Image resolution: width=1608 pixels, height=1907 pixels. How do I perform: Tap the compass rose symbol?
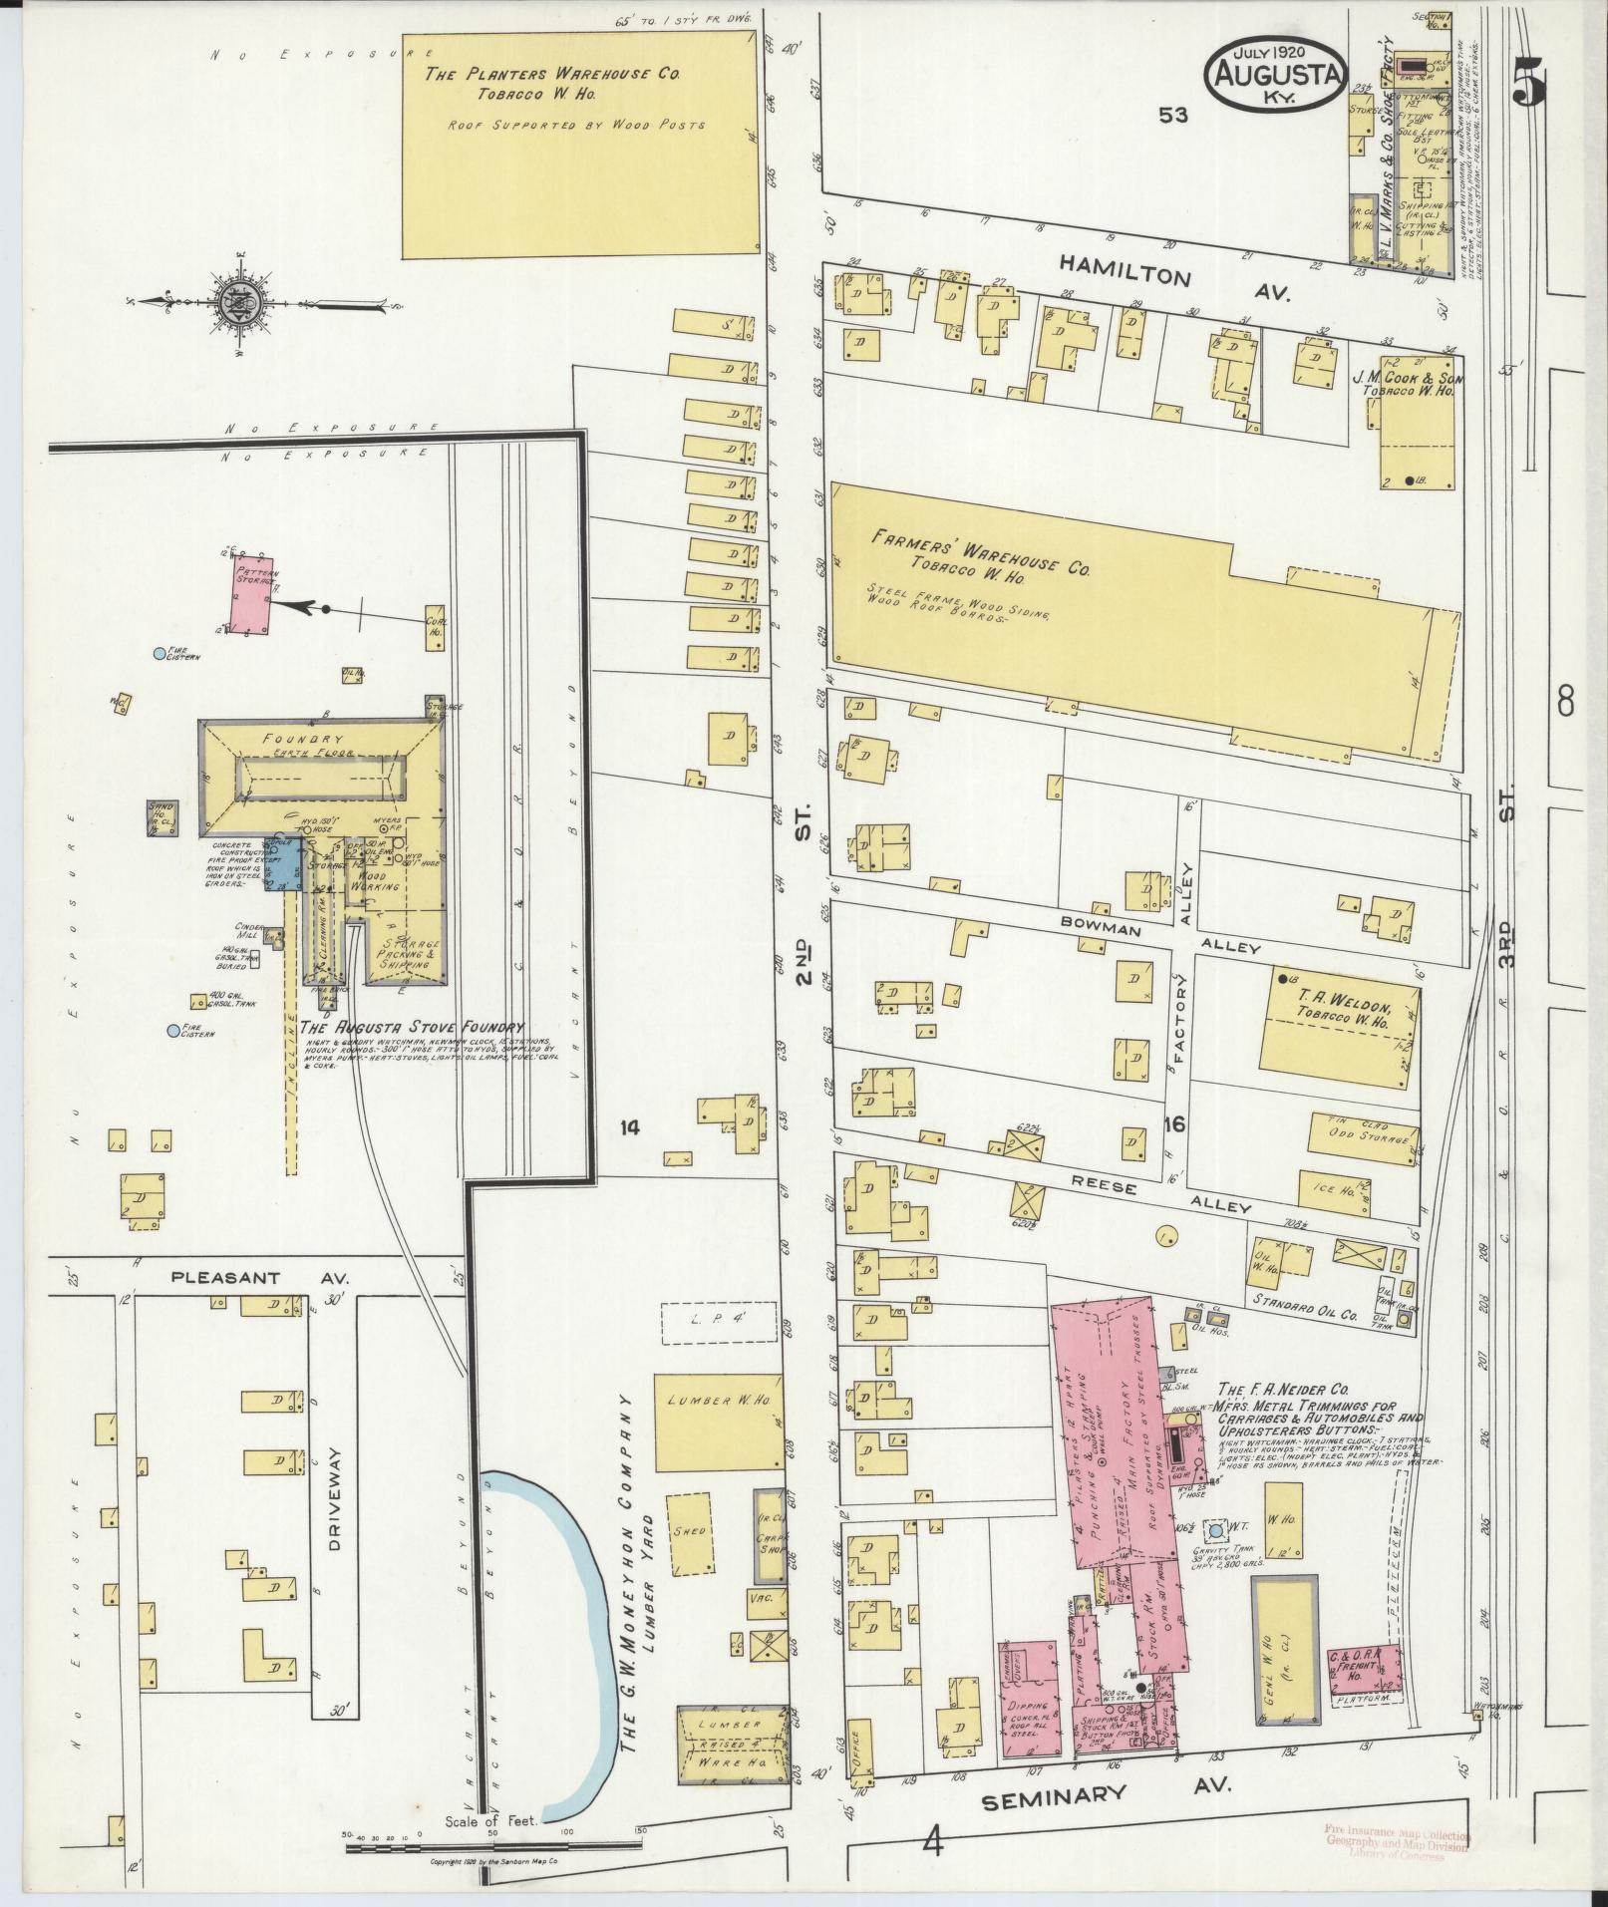point(243,301)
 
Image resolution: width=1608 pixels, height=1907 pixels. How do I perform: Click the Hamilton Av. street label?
point(1174,277)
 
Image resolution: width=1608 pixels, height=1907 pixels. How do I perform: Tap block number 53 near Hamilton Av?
point(1173,116)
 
